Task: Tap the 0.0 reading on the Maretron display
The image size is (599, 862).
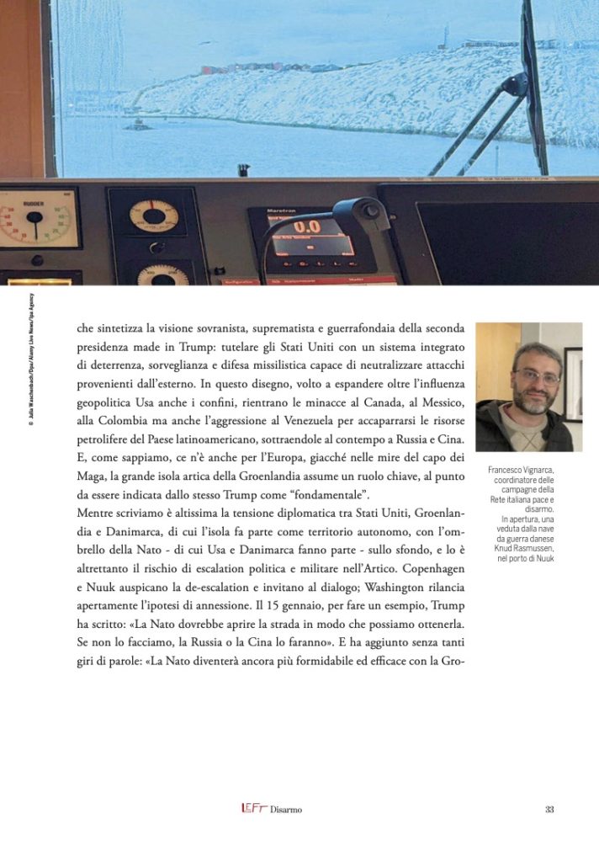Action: [306, 226]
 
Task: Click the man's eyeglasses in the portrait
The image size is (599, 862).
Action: [536, 376]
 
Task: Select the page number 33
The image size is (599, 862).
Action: [549, 809]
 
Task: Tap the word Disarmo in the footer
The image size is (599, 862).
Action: [286, 810]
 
